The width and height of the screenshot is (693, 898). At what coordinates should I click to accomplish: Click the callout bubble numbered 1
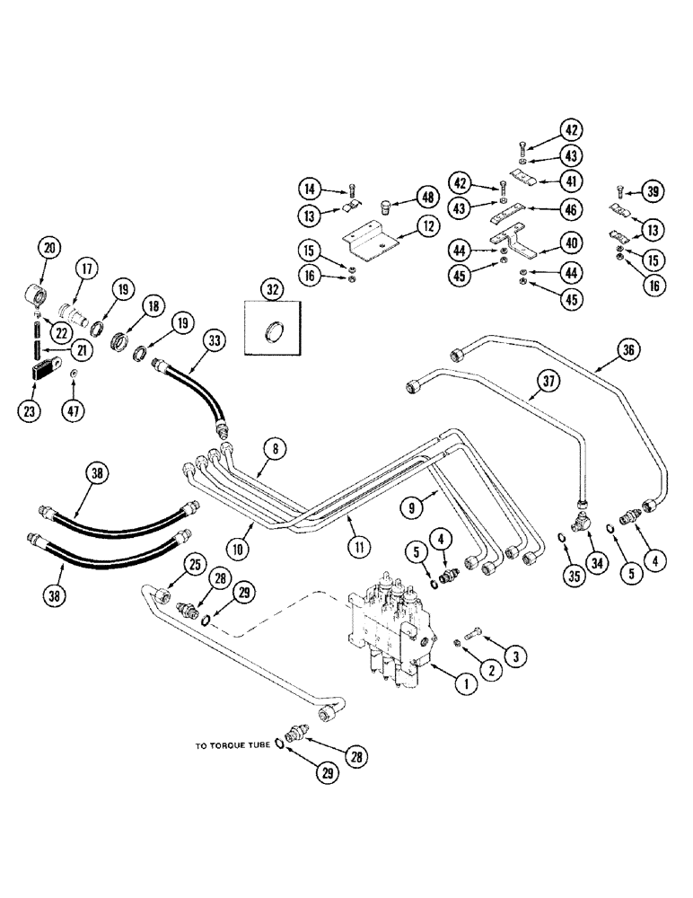point(465,685)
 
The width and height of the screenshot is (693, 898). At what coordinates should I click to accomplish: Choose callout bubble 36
point(627,351)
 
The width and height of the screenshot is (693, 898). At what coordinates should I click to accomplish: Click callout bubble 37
point(547,381)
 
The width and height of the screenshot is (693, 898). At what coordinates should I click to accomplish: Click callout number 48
point(424,198)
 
